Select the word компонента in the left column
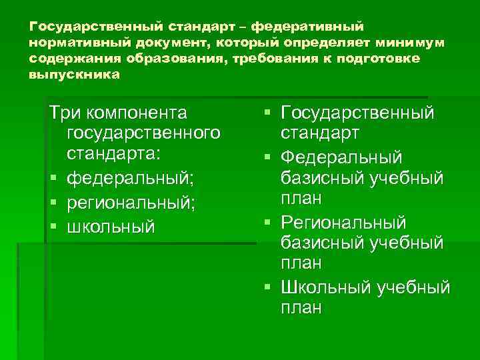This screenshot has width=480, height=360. coord(138,113)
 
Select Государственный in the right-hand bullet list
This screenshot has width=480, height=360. coord(358,113)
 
